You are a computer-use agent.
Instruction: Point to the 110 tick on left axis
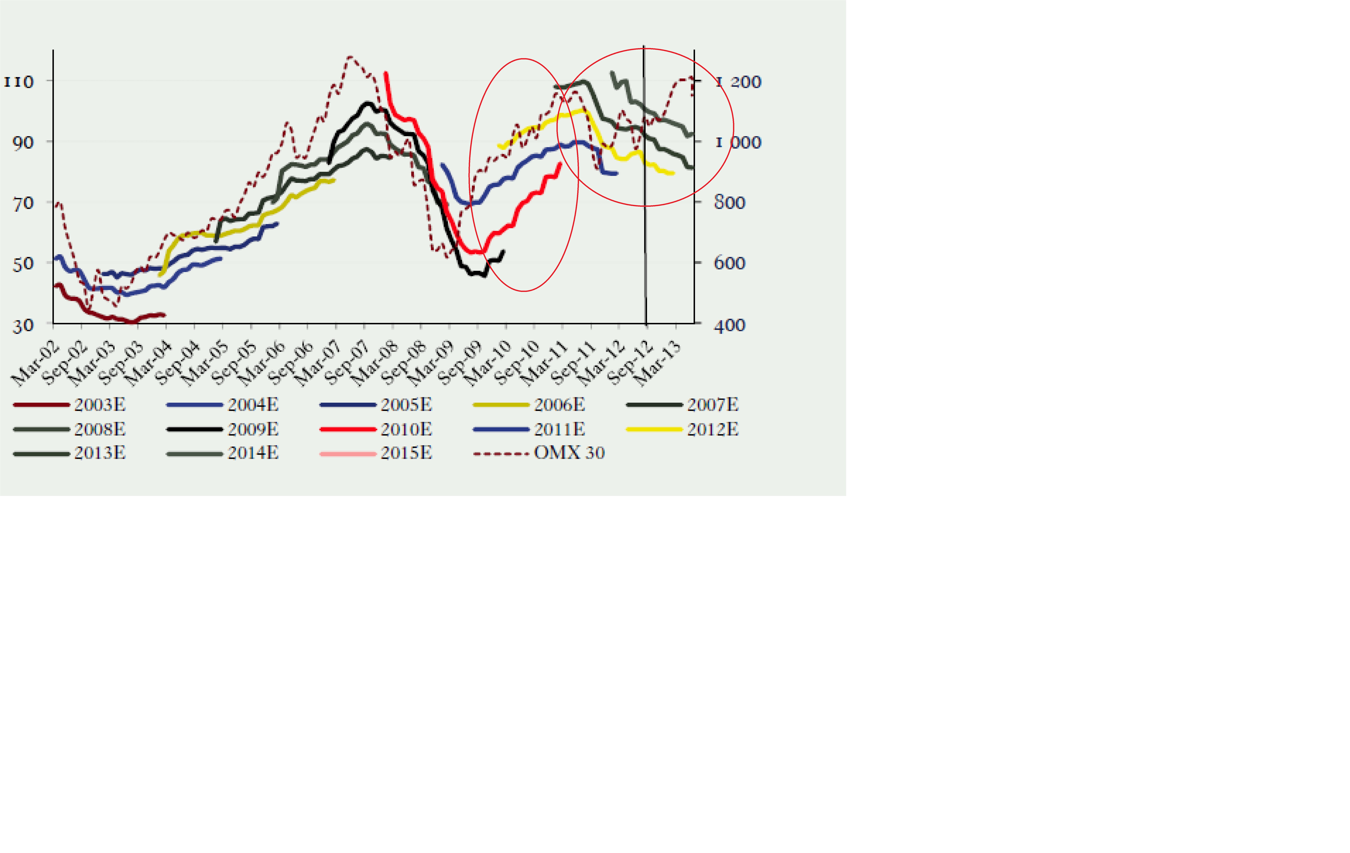pyautogui.click(x=19, y=82)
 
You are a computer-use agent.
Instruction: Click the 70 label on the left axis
pyautogui.click(x=23, y=203)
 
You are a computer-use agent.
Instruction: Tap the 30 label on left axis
pyautogui.click(x=23, y=325)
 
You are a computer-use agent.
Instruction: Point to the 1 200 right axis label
pyautogui.click(x=738, y=82)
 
